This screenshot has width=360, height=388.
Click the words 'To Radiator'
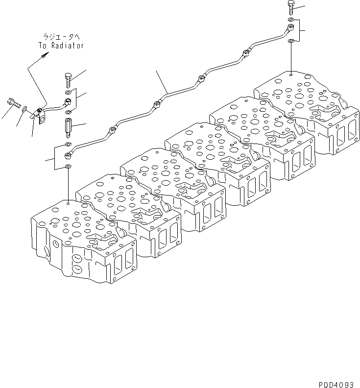pyautogui.click(x=61, y=45)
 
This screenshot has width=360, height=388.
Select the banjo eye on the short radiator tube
pyautogui.click(x=68, y=101)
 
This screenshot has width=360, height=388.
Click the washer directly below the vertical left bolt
pyautogui.click(x=68, y=92)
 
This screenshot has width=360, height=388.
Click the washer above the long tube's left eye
pyautogui.click(x=68, y=144)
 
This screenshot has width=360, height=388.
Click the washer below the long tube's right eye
pyautogui.click(x=291, y=40)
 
